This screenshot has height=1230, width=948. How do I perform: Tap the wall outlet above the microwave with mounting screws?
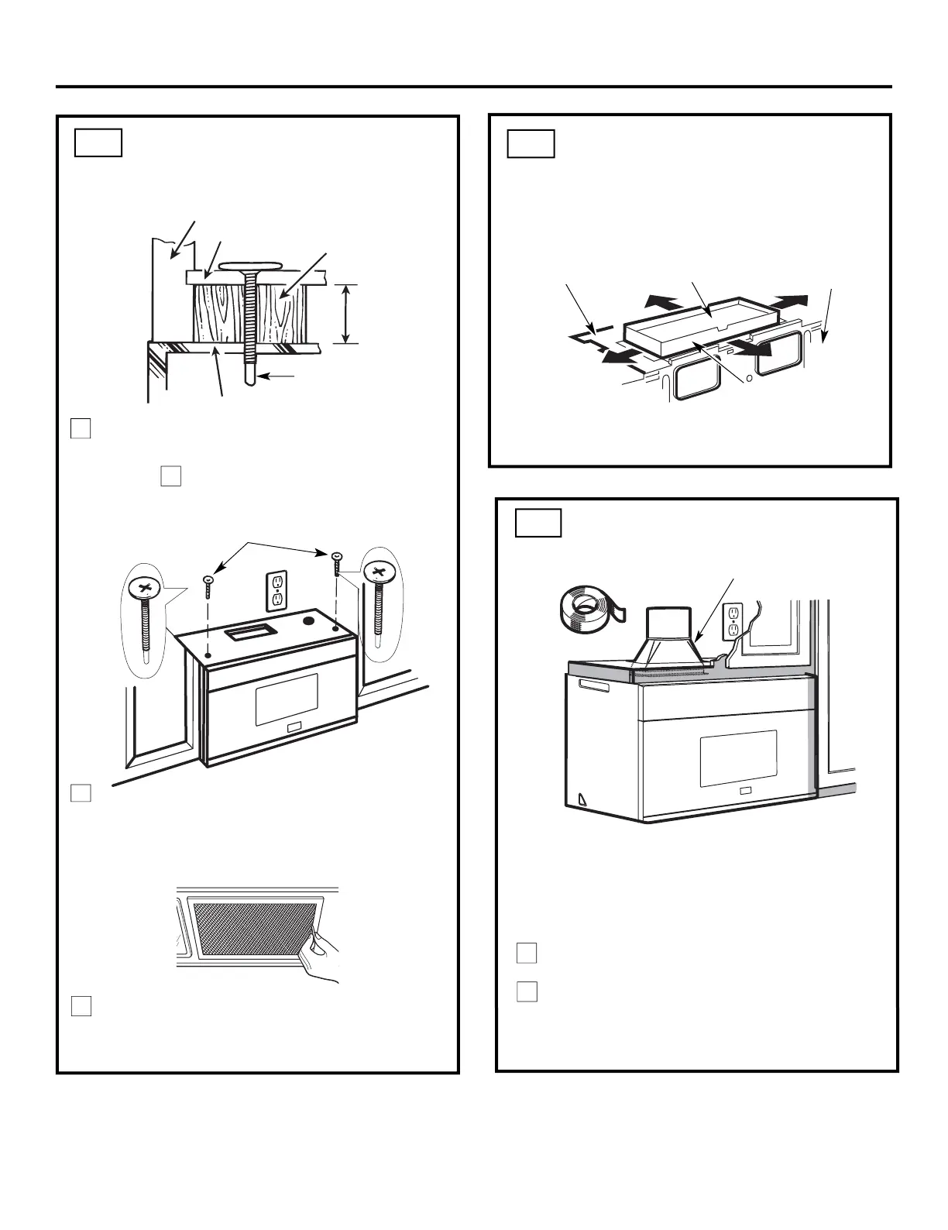point(276,591)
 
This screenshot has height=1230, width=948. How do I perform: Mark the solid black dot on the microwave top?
point(308,620)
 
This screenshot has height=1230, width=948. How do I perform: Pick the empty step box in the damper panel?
point(531,144)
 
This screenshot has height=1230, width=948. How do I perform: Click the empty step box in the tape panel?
point(538,522)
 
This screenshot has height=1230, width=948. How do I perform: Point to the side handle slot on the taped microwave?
point(596,689)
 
